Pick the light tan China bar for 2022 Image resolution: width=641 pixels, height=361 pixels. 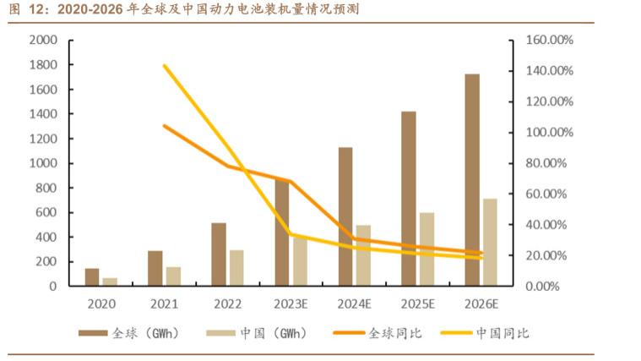[236, 267]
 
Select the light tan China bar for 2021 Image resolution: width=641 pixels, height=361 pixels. [173, 276]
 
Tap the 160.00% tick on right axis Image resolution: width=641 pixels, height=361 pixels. [550, 41]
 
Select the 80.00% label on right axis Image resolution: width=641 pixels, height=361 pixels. [552, 163]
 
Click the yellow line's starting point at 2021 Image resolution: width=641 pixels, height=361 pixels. [164, 65]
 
